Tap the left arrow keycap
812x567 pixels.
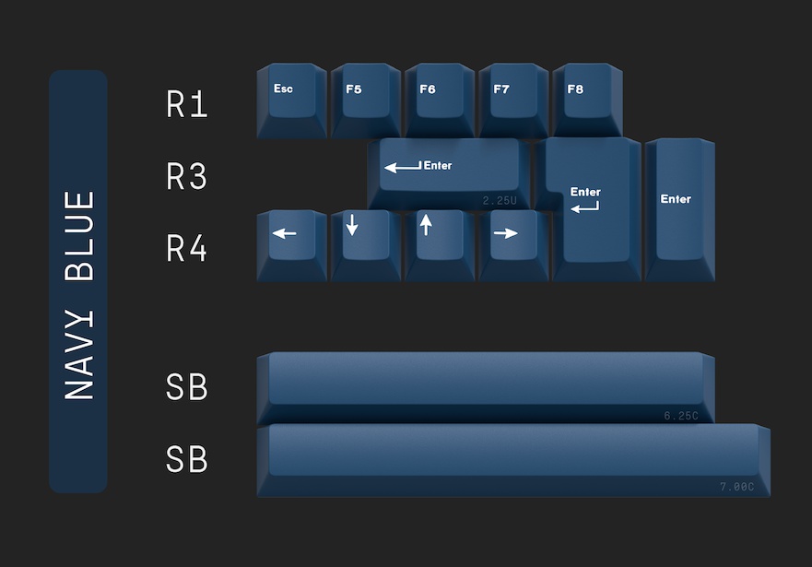[x=291, y=242]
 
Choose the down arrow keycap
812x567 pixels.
[x=365, y=242]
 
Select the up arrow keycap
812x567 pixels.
[x=439, y=242]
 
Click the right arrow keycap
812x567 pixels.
[x=512, y=242]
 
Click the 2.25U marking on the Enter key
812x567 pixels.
[x=500, y=200]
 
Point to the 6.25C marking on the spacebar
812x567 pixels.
[x=681, y=416]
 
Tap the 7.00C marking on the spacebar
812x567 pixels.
[x=736, y=487]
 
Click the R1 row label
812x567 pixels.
[x=187, y=105]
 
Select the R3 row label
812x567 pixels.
[x=187, y=177]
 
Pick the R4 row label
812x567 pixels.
[x=187, y=249]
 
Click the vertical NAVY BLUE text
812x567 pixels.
[x=80, y=295]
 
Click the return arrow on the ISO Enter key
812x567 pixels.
[x=584, y=208]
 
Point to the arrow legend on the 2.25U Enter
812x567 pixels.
[x=403, y=167]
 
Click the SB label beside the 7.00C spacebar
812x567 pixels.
[x=187, y=459]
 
